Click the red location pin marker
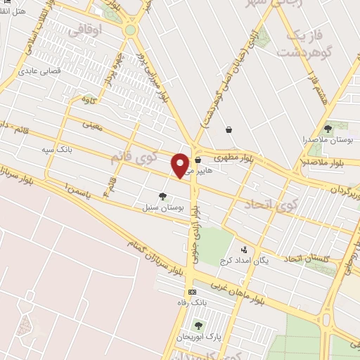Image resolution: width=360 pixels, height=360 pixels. pos(181,165)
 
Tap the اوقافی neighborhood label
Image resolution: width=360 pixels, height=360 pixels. pos(106,29)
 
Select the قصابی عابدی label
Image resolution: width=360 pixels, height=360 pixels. pos(40,70)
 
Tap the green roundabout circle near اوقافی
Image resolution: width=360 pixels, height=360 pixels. pos(130,30)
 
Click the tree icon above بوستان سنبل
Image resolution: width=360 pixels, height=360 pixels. pos(163,196)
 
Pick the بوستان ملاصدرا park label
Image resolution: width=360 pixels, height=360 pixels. pos(328,141)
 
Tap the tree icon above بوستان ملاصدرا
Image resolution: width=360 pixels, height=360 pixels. pos(328,128)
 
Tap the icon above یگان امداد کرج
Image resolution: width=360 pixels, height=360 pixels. pos(244,249)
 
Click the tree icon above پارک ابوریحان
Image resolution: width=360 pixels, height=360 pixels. pos(198,325)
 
